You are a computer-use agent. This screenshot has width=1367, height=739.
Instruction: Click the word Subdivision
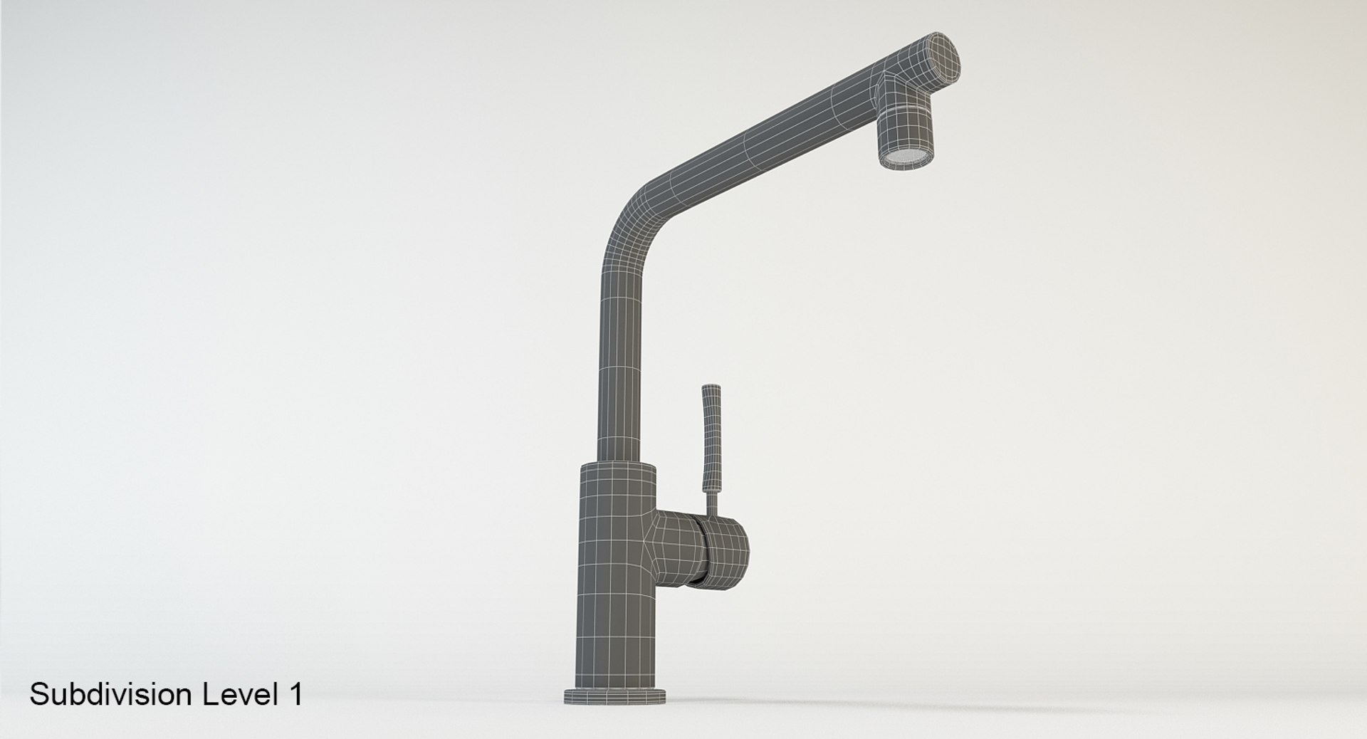point(111,694)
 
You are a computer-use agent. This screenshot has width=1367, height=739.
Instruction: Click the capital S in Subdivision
point(38,694)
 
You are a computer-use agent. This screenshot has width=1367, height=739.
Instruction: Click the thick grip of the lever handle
point(711,434)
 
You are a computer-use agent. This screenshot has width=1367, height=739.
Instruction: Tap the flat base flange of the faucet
point(614,696)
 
